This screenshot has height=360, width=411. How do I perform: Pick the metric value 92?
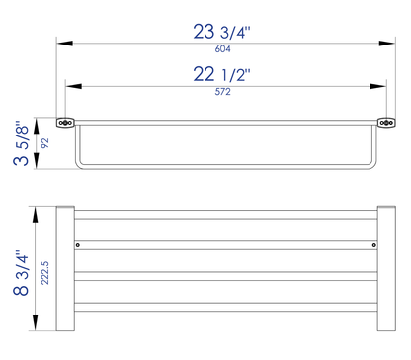[43, 141]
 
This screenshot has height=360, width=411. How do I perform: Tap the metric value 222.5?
[43, 268]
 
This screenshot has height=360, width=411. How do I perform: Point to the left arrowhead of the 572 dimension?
[70, 86]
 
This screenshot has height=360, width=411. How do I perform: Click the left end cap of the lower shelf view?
[65, 267]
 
